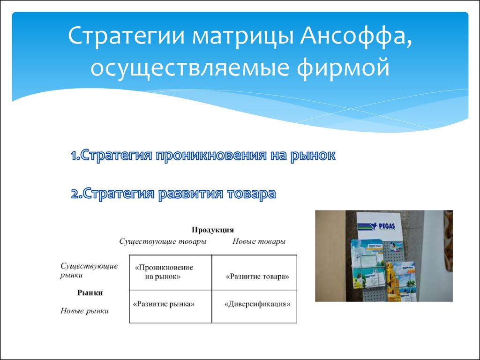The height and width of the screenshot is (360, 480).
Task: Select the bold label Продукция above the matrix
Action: click(213, 230)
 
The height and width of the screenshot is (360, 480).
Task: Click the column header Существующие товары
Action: click(163, 242)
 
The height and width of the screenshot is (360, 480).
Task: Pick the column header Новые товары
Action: click(259, 241)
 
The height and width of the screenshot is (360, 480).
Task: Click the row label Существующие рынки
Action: click(89, 270)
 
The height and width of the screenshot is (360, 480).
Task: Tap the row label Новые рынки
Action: click(84, 311)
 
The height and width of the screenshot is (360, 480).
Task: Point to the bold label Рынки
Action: click(90, 293)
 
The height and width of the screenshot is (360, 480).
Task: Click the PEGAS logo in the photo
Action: click(376, 226)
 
